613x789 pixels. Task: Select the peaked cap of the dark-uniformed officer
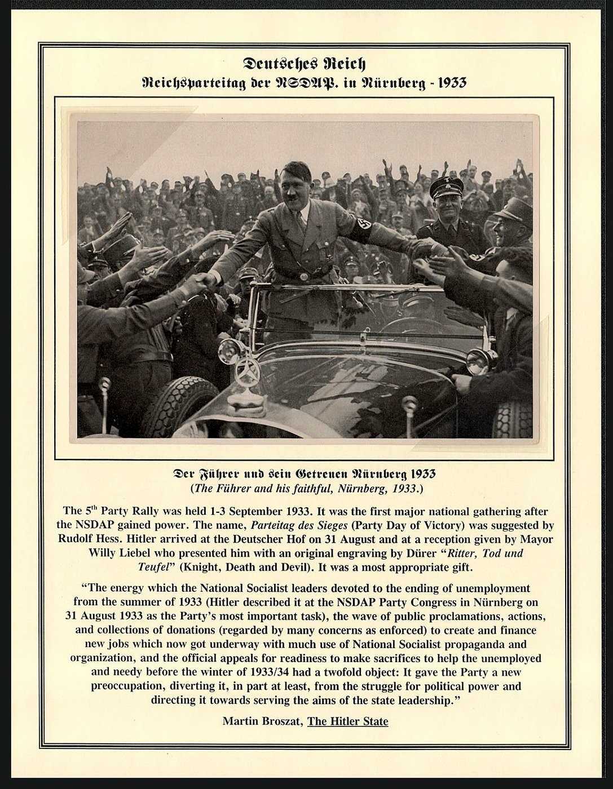446,187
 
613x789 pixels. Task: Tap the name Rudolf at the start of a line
76,538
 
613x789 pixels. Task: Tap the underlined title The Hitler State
347,721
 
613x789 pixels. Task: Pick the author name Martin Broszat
262,721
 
